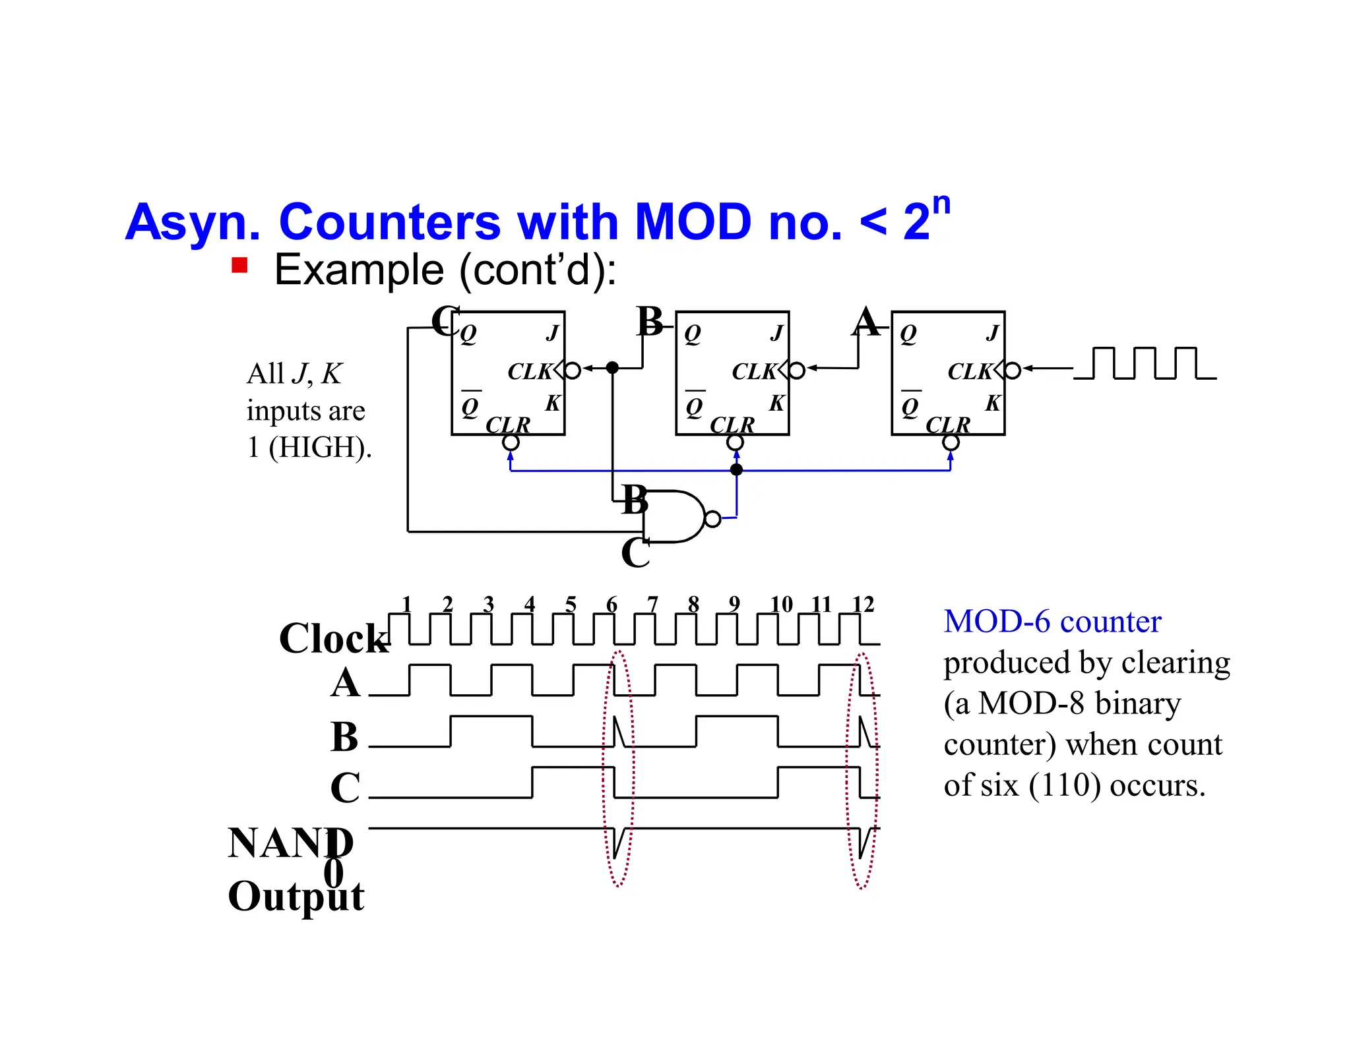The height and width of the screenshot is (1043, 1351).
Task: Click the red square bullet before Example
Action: [239, 265]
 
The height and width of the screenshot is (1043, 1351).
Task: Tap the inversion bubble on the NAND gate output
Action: [712, 519]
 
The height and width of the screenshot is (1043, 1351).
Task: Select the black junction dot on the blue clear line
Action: [737, 469]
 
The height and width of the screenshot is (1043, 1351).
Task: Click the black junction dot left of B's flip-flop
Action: [612, 368]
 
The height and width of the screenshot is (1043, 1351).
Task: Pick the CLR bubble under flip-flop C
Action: [511, 442]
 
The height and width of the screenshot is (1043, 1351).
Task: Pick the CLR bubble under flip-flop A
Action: [951, 442]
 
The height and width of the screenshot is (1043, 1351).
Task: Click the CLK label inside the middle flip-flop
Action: [754, 372]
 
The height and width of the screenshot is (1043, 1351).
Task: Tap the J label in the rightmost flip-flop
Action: [992, 333]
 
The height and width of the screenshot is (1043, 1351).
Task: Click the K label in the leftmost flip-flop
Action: [552, 403]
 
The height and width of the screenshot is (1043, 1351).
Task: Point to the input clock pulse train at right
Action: [1145, 363]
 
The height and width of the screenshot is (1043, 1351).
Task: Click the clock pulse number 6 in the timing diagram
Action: [612, 604]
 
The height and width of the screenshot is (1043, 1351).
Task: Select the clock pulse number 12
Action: [863, 604]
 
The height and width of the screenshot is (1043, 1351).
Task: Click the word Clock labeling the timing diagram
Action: [334, 638]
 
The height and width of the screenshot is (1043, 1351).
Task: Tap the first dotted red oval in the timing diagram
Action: [618, 769]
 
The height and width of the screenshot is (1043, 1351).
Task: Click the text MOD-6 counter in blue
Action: [1052, 622]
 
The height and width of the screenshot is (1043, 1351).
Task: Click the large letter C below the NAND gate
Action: [635, 552]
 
